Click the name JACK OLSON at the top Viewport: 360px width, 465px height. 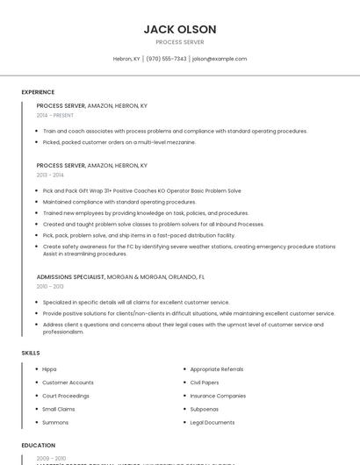click(179, 29)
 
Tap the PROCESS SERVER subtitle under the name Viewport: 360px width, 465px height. click(179, 42)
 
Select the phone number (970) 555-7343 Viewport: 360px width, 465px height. click(166, 59)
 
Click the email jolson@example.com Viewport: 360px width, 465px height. click(220, 59)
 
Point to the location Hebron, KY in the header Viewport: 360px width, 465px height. click(126, 59)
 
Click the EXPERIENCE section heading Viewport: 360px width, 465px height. click(38, 92)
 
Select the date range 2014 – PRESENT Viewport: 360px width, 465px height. click(55, 115)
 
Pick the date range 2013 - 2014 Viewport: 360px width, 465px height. click(50, 175)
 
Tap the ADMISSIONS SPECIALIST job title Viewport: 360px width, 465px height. click(70, 276)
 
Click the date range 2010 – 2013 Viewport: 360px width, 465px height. click(50, 286)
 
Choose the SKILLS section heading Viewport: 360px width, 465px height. click(31, 353)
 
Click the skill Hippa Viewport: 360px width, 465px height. click(49, 369)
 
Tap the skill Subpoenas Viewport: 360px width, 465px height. click(205, 409)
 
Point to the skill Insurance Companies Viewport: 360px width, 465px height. click(218, 396)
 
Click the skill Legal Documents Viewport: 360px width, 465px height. click(212, 422)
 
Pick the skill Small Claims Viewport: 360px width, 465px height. click(59, 409)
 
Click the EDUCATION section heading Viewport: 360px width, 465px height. click(39, 445)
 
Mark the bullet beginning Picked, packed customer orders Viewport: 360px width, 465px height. click(119, 141)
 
